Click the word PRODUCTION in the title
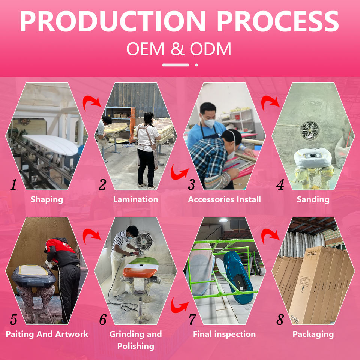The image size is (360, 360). pos(113,21)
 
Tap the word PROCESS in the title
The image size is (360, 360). pos(278,21)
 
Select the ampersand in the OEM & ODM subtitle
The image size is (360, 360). pos(177,48)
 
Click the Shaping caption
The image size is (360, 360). pos(47,199)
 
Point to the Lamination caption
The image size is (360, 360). pos(136,199)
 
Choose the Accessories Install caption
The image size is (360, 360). pos(224,199)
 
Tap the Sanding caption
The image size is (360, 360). pos(313,199)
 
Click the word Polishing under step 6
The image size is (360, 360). pos(136,346)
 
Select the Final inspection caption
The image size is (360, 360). pos(224,334)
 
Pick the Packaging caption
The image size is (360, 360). pos(313,334)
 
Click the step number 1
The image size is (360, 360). pos(13,184)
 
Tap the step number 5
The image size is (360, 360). pos(13,319)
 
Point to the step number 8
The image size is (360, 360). pos(280,319)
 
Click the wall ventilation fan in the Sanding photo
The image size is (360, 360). pos(310,130)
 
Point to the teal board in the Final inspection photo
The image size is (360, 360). pos(238,277)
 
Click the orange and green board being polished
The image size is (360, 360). pos(141,268)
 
